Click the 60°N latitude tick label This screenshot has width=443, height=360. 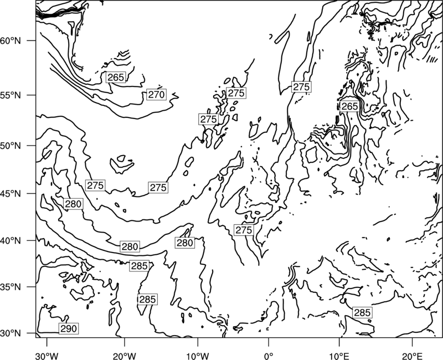pyautogui.click(x=11, y=40)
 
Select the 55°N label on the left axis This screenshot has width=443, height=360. pyautogui.click(x=11, y=95)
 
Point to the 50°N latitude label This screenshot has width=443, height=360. pyautogui.click(x=11, y=146)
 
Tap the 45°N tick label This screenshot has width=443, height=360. pyautogui.click(x=11, y=194)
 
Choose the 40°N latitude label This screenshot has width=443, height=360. pyautogui.click(x=11, y=241)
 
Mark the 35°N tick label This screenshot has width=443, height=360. pyautogui.click(x=11, y=287)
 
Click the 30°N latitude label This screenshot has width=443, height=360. pyautogui.click(x=11, y=333)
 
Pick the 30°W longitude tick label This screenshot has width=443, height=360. pyautogui.click(x=47, y=356)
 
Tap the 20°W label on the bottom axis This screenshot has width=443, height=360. pyautogui.click(x=124, y=356)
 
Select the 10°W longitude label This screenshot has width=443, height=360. pyautogui.click(x=197, y=356)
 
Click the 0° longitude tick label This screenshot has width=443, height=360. pyautogui.click(x=269, y=356)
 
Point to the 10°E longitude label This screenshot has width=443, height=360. pyautogui.click(x=339, y=356)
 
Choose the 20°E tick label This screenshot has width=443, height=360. pyautogui.click(x=412, y=356)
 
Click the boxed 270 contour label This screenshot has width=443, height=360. pyautogui.click(x=156, y=95)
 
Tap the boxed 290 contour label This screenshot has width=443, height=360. pyautogui.click(x=69, y=328)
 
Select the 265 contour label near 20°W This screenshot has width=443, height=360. pyautogui.click(x=116, y=78)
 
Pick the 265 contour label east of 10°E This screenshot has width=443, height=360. pyautogui.click(x=349, y=106)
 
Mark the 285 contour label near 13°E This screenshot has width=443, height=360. pyautogui.click(x=362, y=312)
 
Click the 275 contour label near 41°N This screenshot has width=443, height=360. pyautogui.click(x=244, y=230)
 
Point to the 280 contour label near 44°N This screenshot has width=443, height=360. pyautogui.click(x=73, y=204)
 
